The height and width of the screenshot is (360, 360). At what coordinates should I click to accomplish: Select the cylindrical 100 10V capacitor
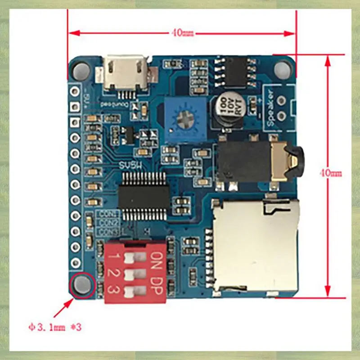(x=229, y=110)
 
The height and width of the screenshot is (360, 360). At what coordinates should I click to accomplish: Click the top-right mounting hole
(x=283, y=69)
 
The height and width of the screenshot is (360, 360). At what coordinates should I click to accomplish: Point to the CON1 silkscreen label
(x=108, y=214)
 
